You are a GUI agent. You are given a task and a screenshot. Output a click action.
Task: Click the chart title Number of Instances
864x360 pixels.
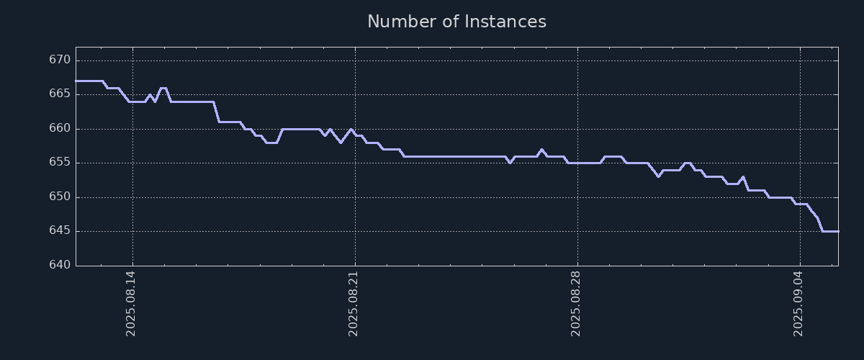[x=456, y=22]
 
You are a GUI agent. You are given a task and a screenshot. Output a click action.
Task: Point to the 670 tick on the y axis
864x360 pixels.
[x=60, y=60]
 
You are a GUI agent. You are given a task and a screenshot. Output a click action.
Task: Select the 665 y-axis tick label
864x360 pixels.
[x=60, y=94]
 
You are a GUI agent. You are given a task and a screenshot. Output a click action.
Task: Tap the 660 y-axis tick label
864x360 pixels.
[x=60, y=129]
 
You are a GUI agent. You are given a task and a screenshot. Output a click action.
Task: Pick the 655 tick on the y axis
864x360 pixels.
[x=60, y=163]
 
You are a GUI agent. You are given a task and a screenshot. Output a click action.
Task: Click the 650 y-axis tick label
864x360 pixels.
[x=60, y=197]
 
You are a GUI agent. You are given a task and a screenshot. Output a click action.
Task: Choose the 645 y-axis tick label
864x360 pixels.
[x=60, y=231]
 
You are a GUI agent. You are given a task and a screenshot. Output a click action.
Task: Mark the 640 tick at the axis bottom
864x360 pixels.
[x=60, y=266]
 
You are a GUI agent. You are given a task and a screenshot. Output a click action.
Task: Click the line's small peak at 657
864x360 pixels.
[x=541, y=150]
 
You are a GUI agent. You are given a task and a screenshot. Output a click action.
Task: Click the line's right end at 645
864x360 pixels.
[x=837, y=231]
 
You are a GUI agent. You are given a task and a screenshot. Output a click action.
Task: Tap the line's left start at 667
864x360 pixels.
[x=76, y=81]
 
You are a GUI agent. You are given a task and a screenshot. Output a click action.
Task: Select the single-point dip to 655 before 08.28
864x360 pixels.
[x=510, y=163]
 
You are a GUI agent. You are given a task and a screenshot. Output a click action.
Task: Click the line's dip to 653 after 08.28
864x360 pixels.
[x=658, y=176]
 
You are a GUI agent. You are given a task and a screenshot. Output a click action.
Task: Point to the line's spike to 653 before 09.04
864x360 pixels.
[x=743, y=176]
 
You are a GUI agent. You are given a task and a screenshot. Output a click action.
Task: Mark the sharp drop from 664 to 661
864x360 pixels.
[x=216, y=112]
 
